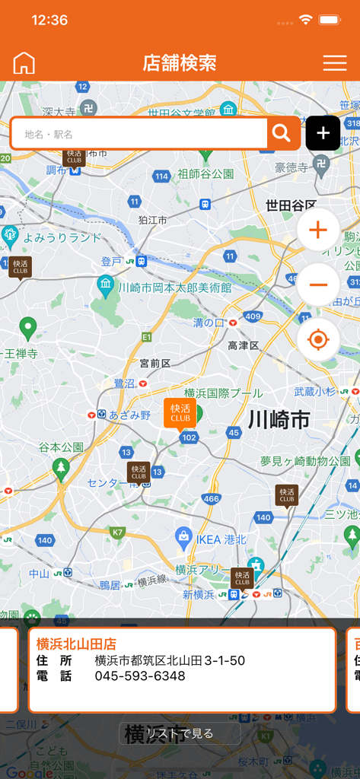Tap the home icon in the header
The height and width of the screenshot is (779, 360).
click(x=24, y=63)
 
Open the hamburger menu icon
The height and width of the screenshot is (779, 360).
click(x=335, y=63)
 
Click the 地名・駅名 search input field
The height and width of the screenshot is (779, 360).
click(x=141, y=134)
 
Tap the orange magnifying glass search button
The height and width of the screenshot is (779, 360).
click(x=282, y=133)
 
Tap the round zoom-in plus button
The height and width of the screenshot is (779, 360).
click(x=318, y=230)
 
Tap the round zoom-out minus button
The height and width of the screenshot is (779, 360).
click(x=318, y=285)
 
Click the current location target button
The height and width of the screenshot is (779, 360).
click(x=318, y=339)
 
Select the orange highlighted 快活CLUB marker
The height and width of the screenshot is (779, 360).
click(x=180, y=412)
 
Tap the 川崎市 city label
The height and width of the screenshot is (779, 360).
click(x=279, y=419)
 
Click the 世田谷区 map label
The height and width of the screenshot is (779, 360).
click(x=291, y=205)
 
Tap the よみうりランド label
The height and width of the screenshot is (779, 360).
click(x=62, y=237)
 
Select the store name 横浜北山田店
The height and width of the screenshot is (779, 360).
click(x=77, y=644)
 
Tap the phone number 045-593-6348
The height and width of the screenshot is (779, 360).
click(x=140, y=676)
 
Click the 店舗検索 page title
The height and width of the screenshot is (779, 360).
click(x=180, y=63)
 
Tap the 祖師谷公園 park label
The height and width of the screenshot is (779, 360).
click(x=205, y=173)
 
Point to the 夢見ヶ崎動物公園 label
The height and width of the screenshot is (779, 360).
click(x=304, y=461)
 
